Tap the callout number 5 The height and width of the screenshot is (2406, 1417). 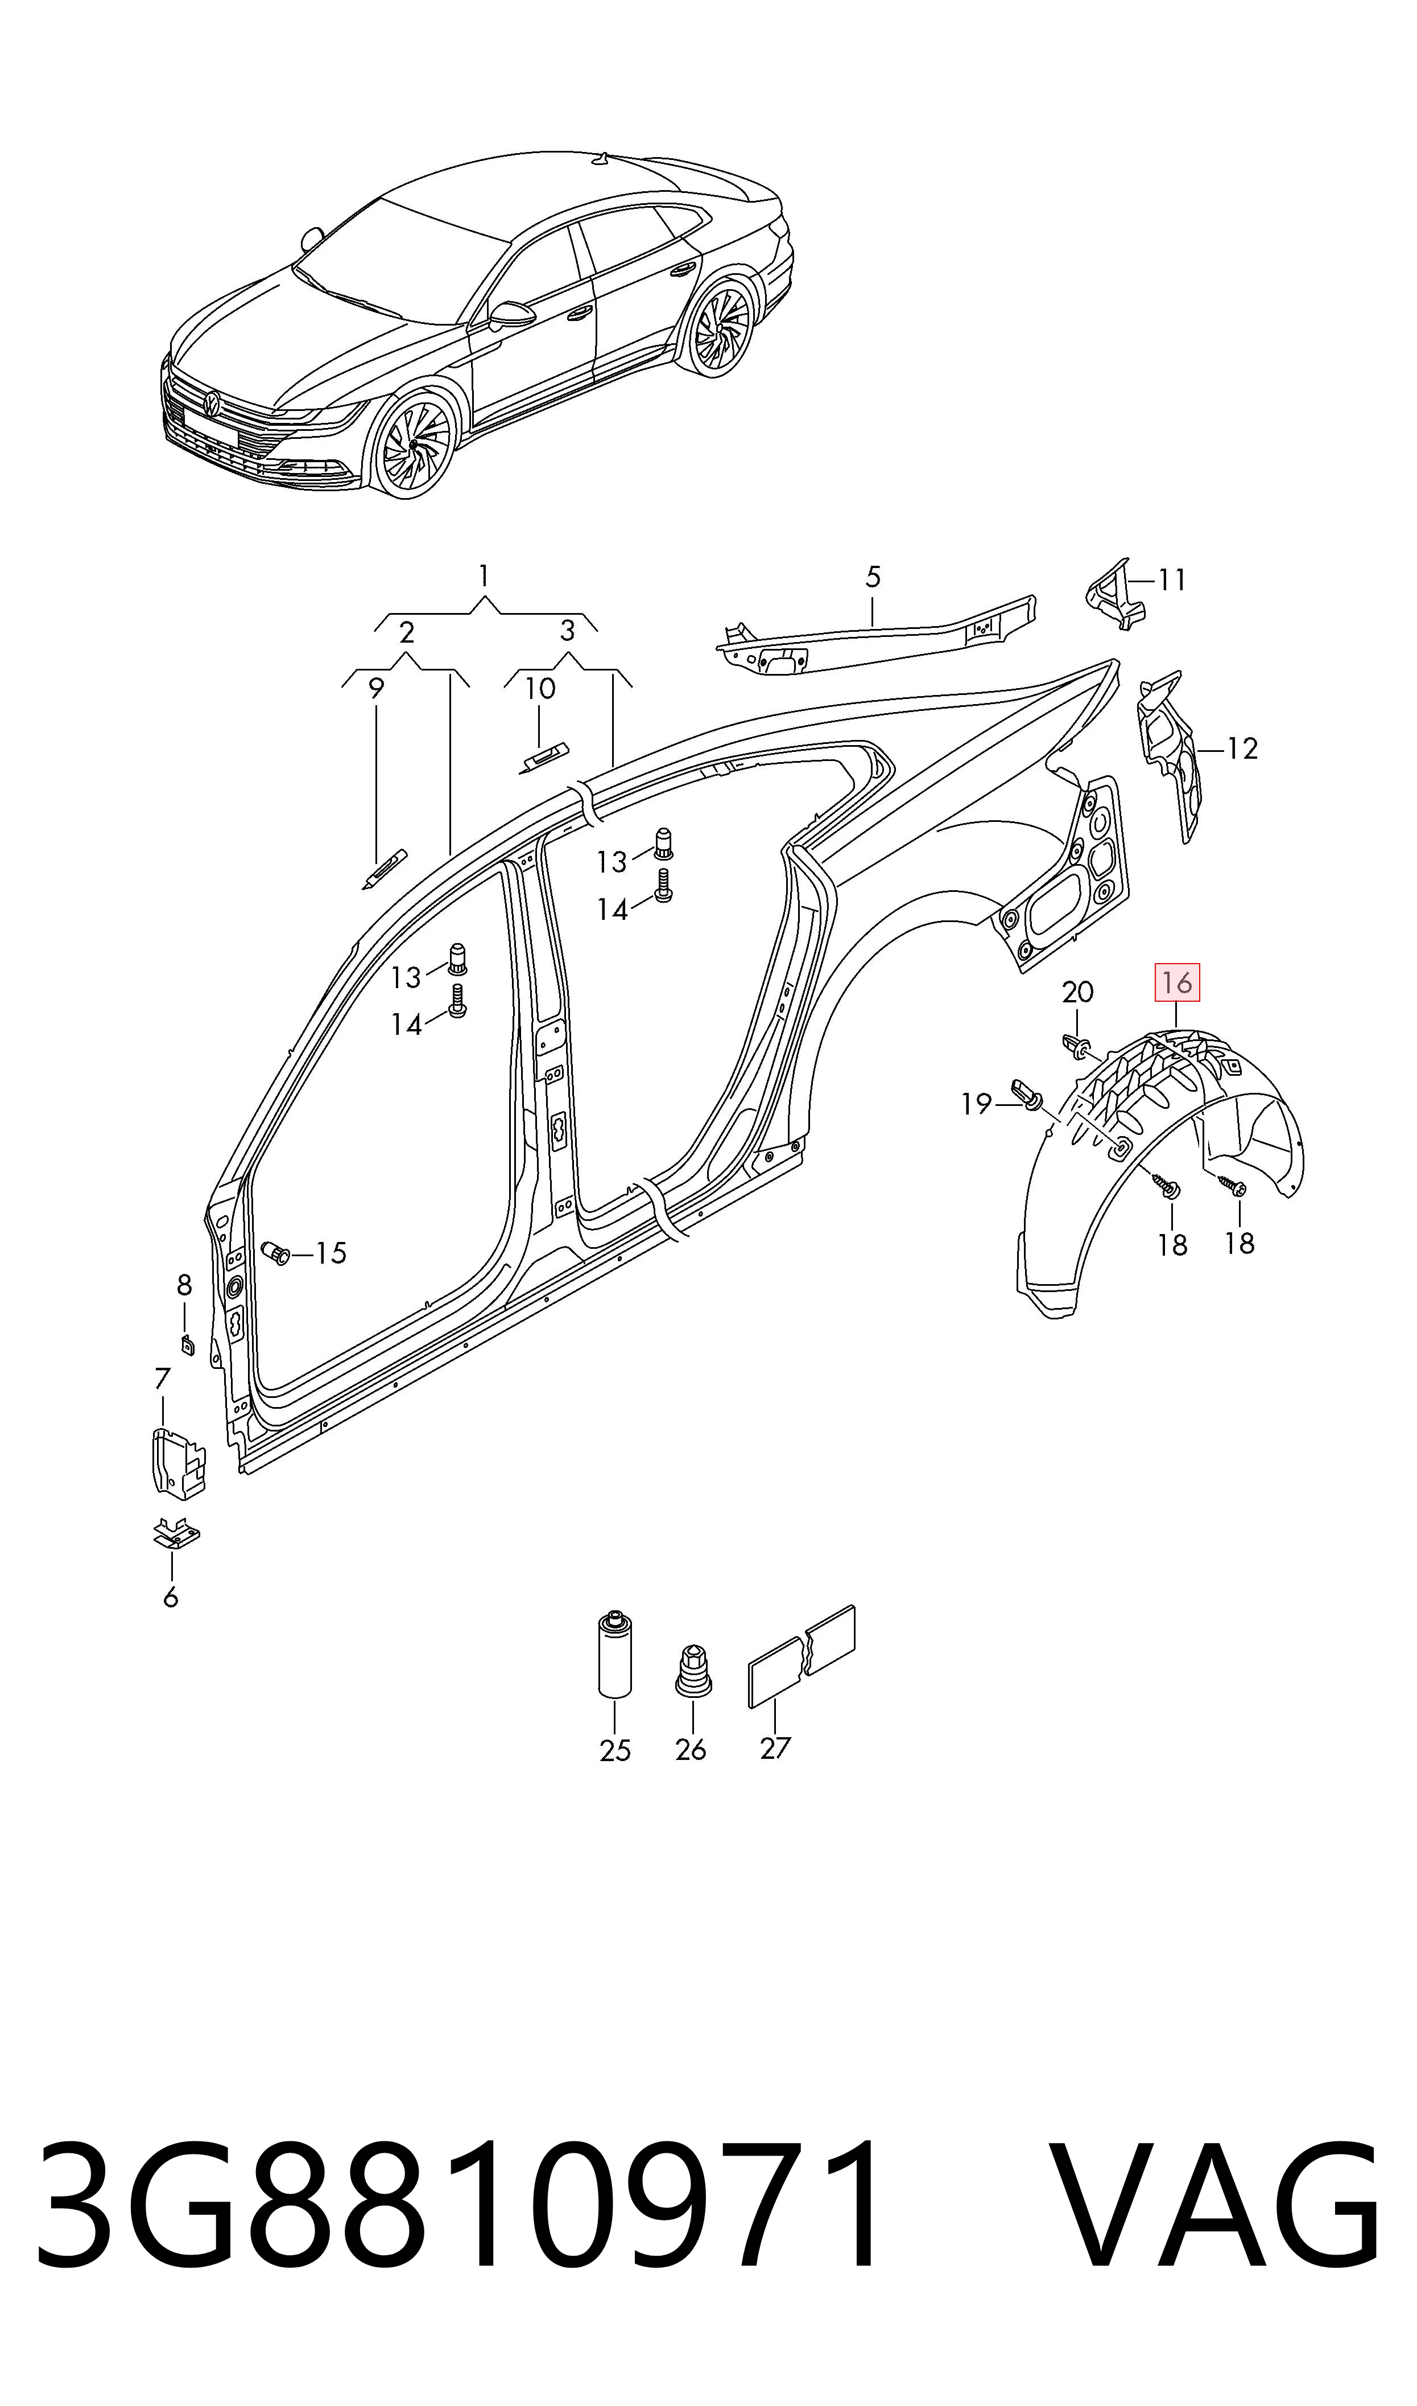[x=873, y=577]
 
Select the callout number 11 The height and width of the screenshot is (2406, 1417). [x=1172, y=580]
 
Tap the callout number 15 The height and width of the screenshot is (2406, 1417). [x=331, y=1253]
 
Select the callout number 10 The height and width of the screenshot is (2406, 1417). [x=540, y=689]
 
